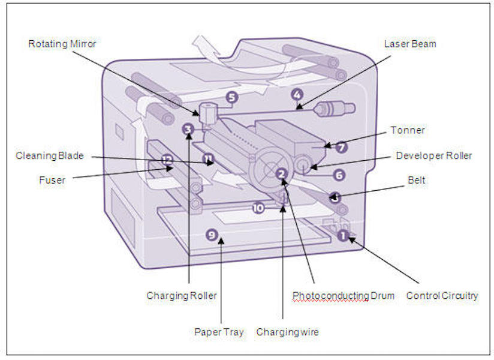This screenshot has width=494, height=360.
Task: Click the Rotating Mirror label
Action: pyautogui.click(x=62, y=44)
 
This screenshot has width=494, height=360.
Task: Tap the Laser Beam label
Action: pyautogui.click(x=410, y=44)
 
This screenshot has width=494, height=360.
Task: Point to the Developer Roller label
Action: pyautogui.click(x=434, y=156)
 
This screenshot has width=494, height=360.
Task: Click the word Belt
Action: pyautogui.click(x=416, y=179)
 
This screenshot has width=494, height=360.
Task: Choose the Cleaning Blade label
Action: pyautogui.click(x=50, y=156)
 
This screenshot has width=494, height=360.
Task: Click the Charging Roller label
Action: pyautogui.click(x=182, y=296)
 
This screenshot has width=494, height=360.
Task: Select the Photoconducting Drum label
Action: pyautogui.click(x=344, y=296)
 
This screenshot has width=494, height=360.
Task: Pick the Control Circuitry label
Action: pyautogui.click(x=442, y=296)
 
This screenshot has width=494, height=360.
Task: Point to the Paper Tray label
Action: pyautogui.click(x=219, y=332)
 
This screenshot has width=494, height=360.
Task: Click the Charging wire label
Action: pyautogui.click(x=287, y=332)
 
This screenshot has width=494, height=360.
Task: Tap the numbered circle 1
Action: pyautogui.click(x=343, y=235)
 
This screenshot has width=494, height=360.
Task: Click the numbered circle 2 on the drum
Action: pyautogui.click(x=281, y=173)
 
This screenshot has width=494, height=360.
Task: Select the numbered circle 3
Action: pyautogui.click(x=188, y=129)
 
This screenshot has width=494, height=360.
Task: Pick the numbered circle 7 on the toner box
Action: pyautogui.click(x=340, y=146)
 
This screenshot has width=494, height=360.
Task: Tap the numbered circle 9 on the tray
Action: pyautogui.click(x=211, y=235)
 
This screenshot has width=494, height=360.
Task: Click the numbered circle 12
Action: pyautogui.click(x=167, y=160)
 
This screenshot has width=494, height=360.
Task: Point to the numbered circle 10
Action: pyautogui.click(x=258, y=208)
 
